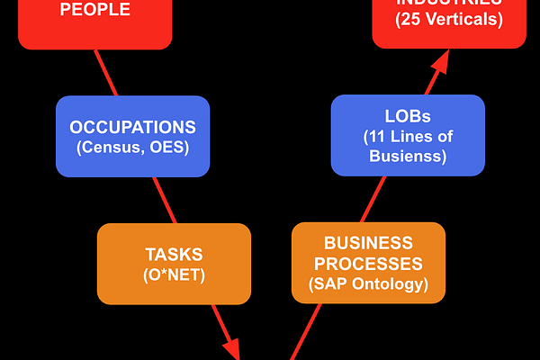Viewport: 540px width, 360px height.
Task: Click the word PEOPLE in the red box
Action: [x=94, y=10]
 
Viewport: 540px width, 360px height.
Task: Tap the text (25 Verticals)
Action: [x=450, y=19]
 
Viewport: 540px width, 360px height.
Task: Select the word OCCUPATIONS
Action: [x=132, y=127]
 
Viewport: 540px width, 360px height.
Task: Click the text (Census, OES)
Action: [x=132, y=147]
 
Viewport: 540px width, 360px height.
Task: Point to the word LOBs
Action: [x=408, y=118]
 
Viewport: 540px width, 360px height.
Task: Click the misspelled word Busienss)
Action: [x=408, y=157]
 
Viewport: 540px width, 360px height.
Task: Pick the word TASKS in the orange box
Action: [x=174, y=254]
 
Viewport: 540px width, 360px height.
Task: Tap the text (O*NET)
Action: [x=174, y=274]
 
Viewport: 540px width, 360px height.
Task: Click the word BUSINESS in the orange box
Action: [x=368, y=244]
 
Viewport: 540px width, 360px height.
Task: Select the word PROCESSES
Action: [x=368, y=264]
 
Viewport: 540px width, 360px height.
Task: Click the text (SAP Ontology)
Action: [x=368, y=284]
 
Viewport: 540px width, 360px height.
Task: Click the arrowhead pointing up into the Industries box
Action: [x=441, y=62]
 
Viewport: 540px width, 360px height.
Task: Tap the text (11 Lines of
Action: [x=408, y=138]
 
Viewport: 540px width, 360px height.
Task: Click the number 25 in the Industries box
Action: [x=409, y=19]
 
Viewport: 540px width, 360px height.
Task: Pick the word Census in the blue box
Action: [x=112, y=147]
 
